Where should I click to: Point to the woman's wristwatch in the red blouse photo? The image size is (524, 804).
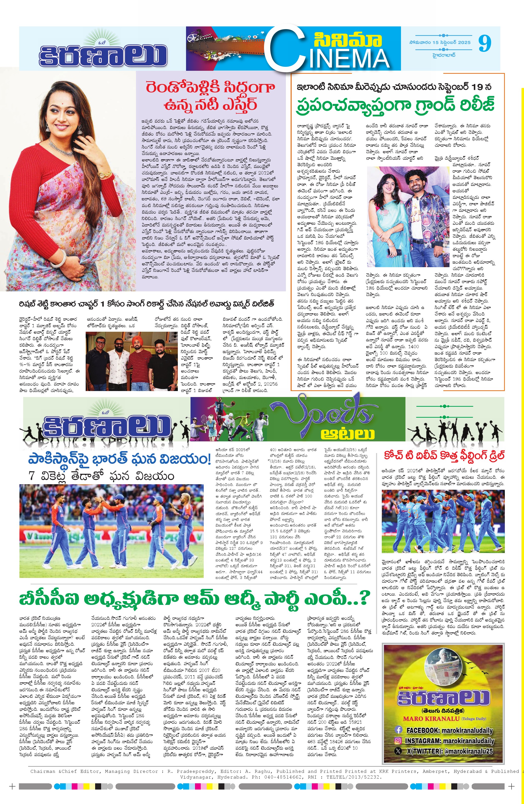click(104, 174)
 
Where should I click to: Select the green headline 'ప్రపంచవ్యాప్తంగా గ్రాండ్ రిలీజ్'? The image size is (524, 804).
click(395, 104)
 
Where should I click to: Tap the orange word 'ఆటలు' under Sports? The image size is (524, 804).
click(347, 434)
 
